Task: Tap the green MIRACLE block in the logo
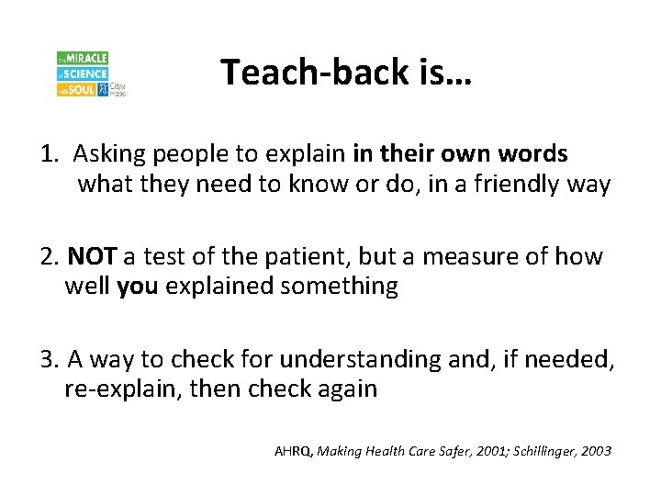click(83, 58)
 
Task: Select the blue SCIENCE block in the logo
click(83, 73)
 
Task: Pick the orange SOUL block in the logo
click(77, 90)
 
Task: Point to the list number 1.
click(49, 153)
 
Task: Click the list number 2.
click(49, 255)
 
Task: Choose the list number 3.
click(49, 358)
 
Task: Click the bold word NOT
click(91, 255)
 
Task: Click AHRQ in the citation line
click(293, 451)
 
